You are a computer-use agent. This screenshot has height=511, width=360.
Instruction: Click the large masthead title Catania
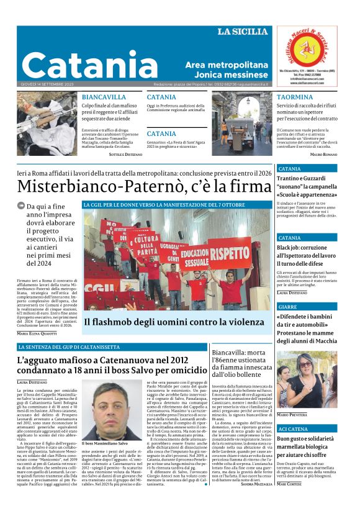pyautogui.click(x=82, y=65)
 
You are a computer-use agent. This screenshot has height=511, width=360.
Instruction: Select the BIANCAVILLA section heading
pyautogui.click(x=104, y=97)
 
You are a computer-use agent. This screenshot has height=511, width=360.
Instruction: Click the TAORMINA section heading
pyautogui.click(x=295, y=97)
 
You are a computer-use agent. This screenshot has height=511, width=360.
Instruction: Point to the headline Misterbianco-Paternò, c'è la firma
pyautogui.click(x=144, y=186)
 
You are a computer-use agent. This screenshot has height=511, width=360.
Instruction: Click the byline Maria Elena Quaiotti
pyautogui.click(x=37, y=333)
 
